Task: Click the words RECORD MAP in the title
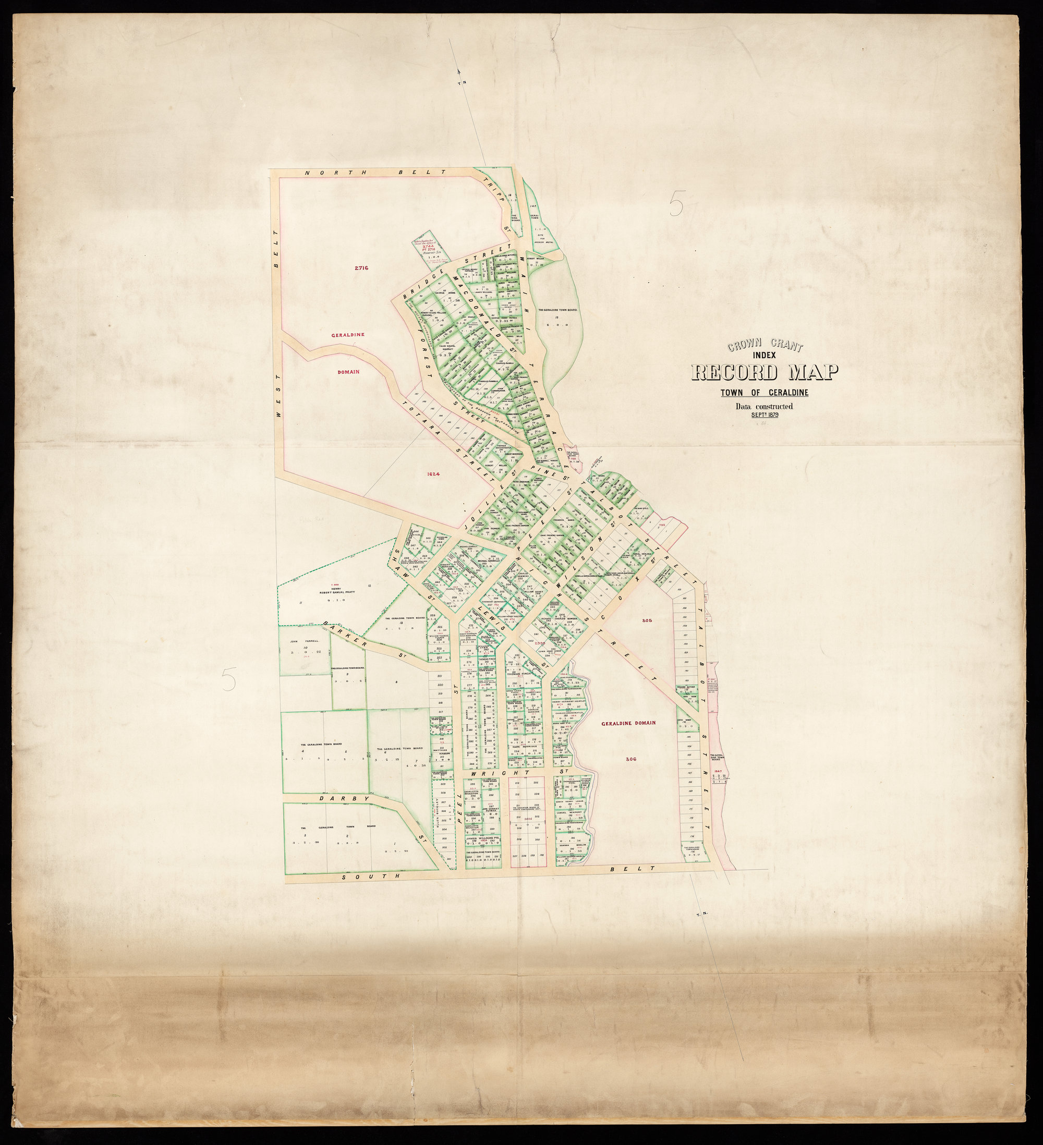[x=765, y=373]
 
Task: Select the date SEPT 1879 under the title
[x=765, y=415]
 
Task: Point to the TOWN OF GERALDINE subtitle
[x=765, y=393]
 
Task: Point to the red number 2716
[x=361, y=268]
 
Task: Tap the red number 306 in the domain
[x=629, y=759]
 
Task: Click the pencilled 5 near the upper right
[x=676, y=203]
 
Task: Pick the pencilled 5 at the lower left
[x=228, y=678]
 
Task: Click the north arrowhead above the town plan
[x=458, y=71]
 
